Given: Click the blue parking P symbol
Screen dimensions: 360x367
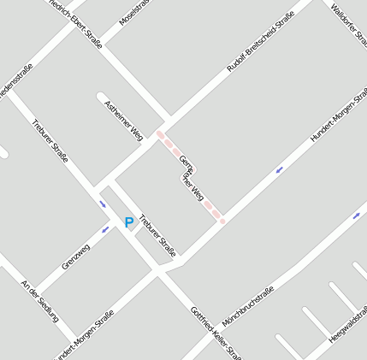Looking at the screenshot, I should tap(129, 222).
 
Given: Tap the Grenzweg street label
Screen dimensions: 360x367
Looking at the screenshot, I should tap(75, 257).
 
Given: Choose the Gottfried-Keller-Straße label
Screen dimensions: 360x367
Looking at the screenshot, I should tap(216, 333).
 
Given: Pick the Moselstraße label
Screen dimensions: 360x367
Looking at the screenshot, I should tap(133, 13).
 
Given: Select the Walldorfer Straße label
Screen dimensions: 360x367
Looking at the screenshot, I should tap(350, 22).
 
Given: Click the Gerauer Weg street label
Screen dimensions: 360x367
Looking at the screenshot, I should tap(191, 175).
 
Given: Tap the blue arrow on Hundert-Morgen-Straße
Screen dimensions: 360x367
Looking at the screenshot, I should tap(279, 169).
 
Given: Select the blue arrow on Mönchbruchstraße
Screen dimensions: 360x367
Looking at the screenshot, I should tap(356, 215).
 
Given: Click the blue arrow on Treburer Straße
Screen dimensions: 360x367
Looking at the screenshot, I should tap(103, 204).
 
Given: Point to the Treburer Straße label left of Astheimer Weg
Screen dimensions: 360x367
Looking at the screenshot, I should tap(50, 141).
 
